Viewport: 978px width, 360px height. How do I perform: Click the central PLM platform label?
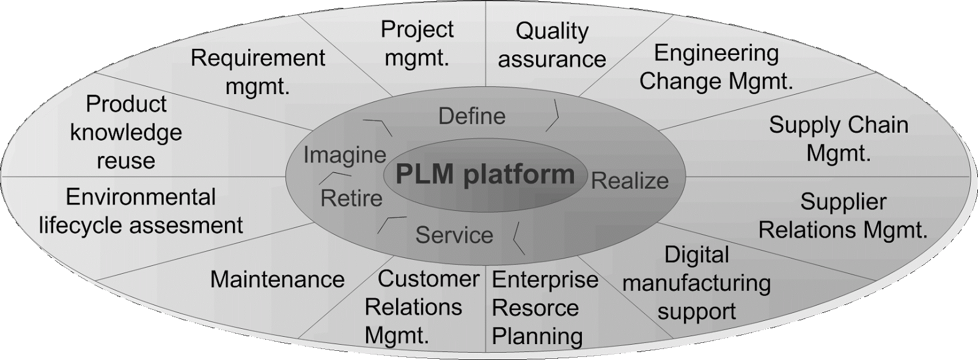485,174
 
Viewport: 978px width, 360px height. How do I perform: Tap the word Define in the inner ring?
472,116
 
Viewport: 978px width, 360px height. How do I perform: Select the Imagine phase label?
345,155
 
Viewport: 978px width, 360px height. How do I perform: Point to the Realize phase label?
630,181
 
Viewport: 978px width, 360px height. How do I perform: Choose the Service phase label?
454,235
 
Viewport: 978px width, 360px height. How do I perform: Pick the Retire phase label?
351,198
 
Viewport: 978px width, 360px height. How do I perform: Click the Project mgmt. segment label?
417,43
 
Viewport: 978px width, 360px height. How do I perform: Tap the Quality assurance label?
551,45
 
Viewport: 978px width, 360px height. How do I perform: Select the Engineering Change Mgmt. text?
716,67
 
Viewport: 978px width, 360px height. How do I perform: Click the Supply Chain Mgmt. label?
839,139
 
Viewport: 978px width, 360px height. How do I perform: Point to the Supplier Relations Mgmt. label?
843,216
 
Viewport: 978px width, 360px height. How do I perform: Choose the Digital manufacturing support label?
697,283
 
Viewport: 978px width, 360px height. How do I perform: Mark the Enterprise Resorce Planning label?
545,308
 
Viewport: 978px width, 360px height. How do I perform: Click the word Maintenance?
278,279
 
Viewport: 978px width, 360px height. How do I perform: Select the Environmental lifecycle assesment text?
141,211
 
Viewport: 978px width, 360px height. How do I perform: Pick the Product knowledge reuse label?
126,132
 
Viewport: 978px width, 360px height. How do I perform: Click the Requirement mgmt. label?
258,72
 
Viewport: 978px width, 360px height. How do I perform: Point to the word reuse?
126,161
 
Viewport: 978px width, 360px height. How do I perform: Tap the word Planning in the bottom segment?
537,336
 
